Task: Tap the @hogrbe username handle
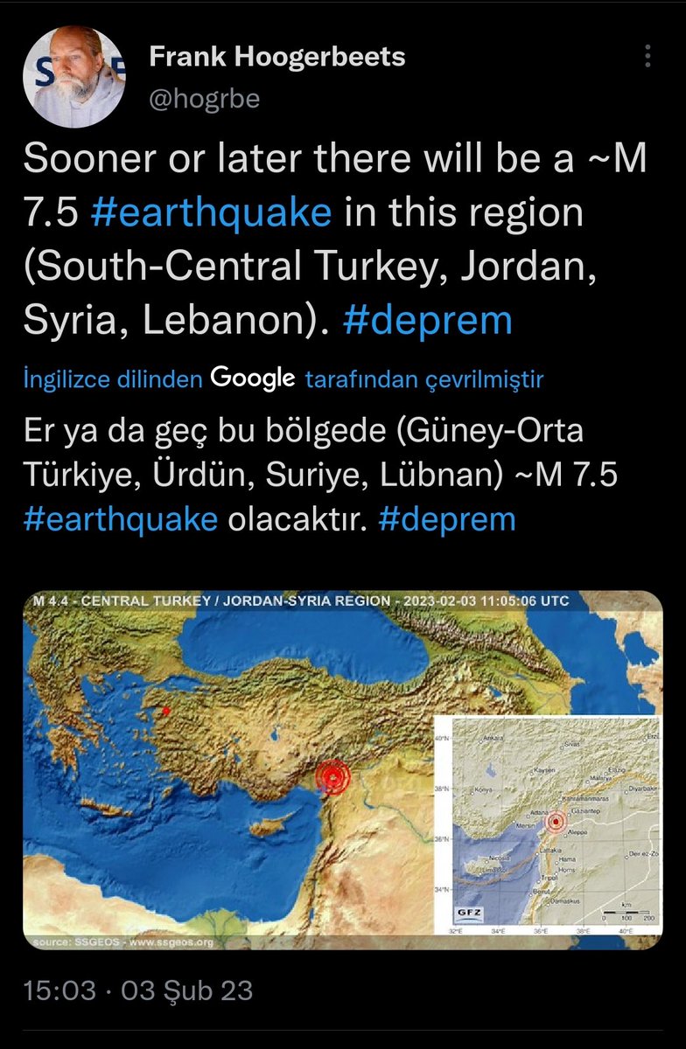pyautogui.click(x=205, y=99)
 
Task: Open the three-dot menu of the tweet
pyautogui.click(x=648, y=58)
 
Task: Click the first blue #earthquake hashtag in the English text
pyautogui.click(x=211, y=213)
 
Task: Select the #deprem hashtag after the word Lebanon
pyautogui.click(x=428, y=320)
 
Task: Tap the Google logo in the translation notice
pyautogui.click(x=252, y=379)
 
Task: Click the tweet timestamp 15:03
pyautogui.click(x=59, y=990)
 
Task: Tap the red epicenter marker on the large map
pyautogui.click(x=332, y=775)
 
